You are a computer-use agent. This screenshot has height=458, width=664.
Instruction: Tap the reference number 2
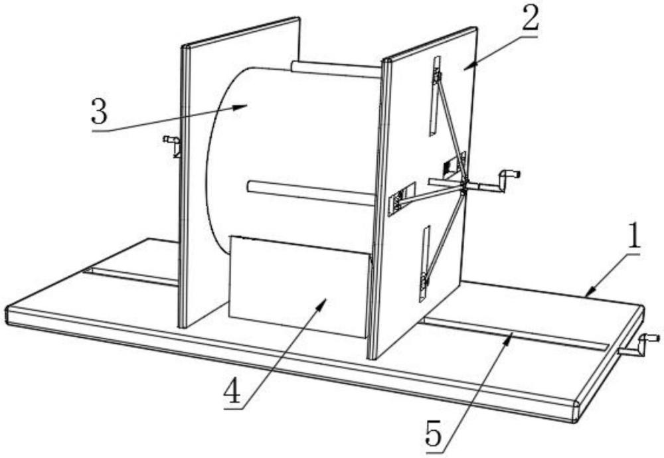(530, 20)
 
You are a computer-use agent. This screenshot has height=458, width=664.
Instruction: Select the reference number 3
(99, 112)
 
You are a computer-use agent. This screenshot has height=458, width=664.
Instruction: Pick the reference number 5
(433, 436)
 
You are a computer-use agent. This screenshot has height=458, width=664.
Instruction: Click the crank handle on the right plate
(509, 177)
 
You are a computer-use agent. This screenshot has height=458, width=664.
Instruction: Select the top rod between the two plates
(335, 69)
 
